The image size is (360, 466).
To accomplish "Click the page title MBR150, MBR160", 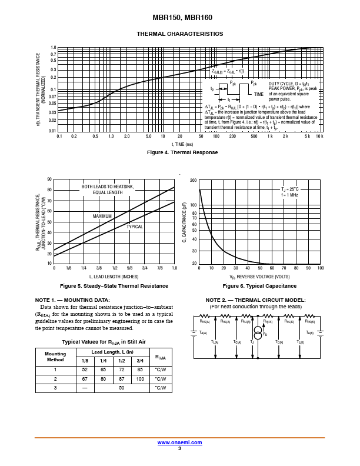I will pyautogui.click(x=179, y=18).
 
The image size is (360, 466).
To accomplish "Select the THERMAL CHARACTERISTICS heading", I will pyautogui.click(x=179, y=34).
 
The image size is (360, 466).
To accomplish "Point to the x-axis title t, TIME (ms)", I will pyautogui.click(x=182, y=144).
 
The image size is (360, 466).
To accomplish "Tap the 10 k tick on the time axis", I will pyautogui.click(x=319, y=137).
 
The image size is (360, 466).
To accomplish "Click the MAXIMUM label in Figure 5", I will pyautogui.click(x=102, y=216).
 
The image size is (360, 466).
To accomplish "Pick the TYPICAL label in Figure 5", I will pyautogui.click(x=135, y=227).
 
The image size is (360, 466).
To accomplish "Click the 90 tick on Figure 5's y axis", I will pyautogui.click(x=49, y=179).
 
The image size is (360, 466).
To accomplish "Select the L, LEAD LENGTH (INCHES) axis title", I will pyautogui.click(x=114, y=276).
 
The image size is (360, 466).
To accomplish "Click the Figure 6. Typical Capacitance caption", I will pyautogui.click(x=259, y=286).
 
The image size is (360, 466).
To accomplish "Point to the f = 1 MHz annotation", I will pyautogui.click(x=290, y=195).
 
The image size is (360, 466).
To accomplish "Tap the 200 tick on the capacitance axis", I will pyautogui.click(x=193, y=180).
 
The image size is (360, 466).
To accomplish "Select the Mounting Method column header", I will pyautogui.click(x=55, y=357).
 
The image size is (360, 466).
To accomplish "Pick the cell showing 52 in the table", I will pyautogui.click(x=85, y=370).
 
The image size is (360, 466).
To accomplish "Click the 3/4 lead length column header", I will pyautogui.click(x=140, y=360).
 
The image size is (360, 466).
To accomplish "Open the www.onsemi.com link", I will pyautogui.click(x=180, y=442).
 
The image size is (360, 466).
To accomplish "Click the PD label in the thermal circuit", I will pyautogui.click(x=265, y=334).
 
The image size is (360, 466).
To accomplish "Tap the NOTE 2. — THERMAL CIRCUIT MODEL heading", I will pyautogui.click(x=255, y=300).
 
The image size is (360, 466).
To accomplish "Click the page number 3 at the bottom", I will pyautogui.click(x=179, y=448).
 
